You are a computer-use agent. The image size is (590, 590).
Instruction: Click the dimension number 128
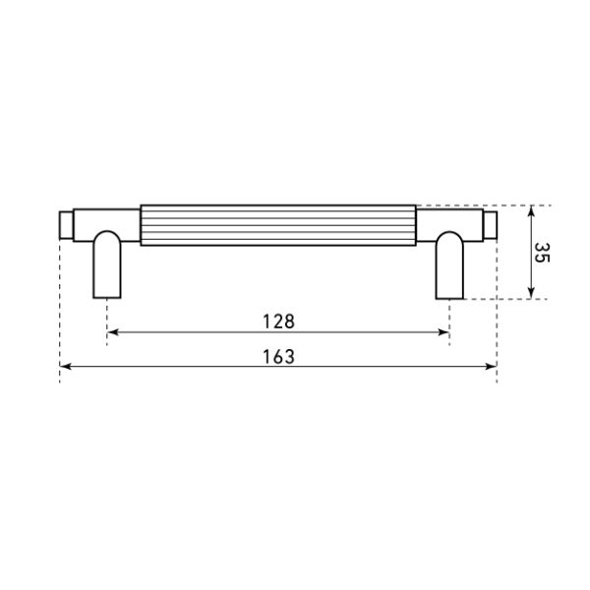(x=278, y=322)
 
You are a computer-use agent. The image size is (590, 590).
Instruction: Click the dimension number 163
(x=278, y=357)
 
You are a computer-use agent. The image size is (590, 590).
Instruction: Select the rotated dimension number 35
(x=542, y=253)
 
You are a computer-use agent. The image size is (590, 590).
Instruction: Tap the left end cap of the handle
(x=66, y=225)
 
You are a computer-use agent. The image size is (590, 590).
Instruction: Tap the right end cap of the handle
(x=491, y=225)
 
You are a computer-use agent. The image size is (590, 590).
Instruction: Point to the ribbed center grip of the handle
(x=278, y=225)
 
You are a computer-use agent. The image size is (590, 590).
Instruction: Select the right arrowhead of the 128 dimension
(x=444, y=332)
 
